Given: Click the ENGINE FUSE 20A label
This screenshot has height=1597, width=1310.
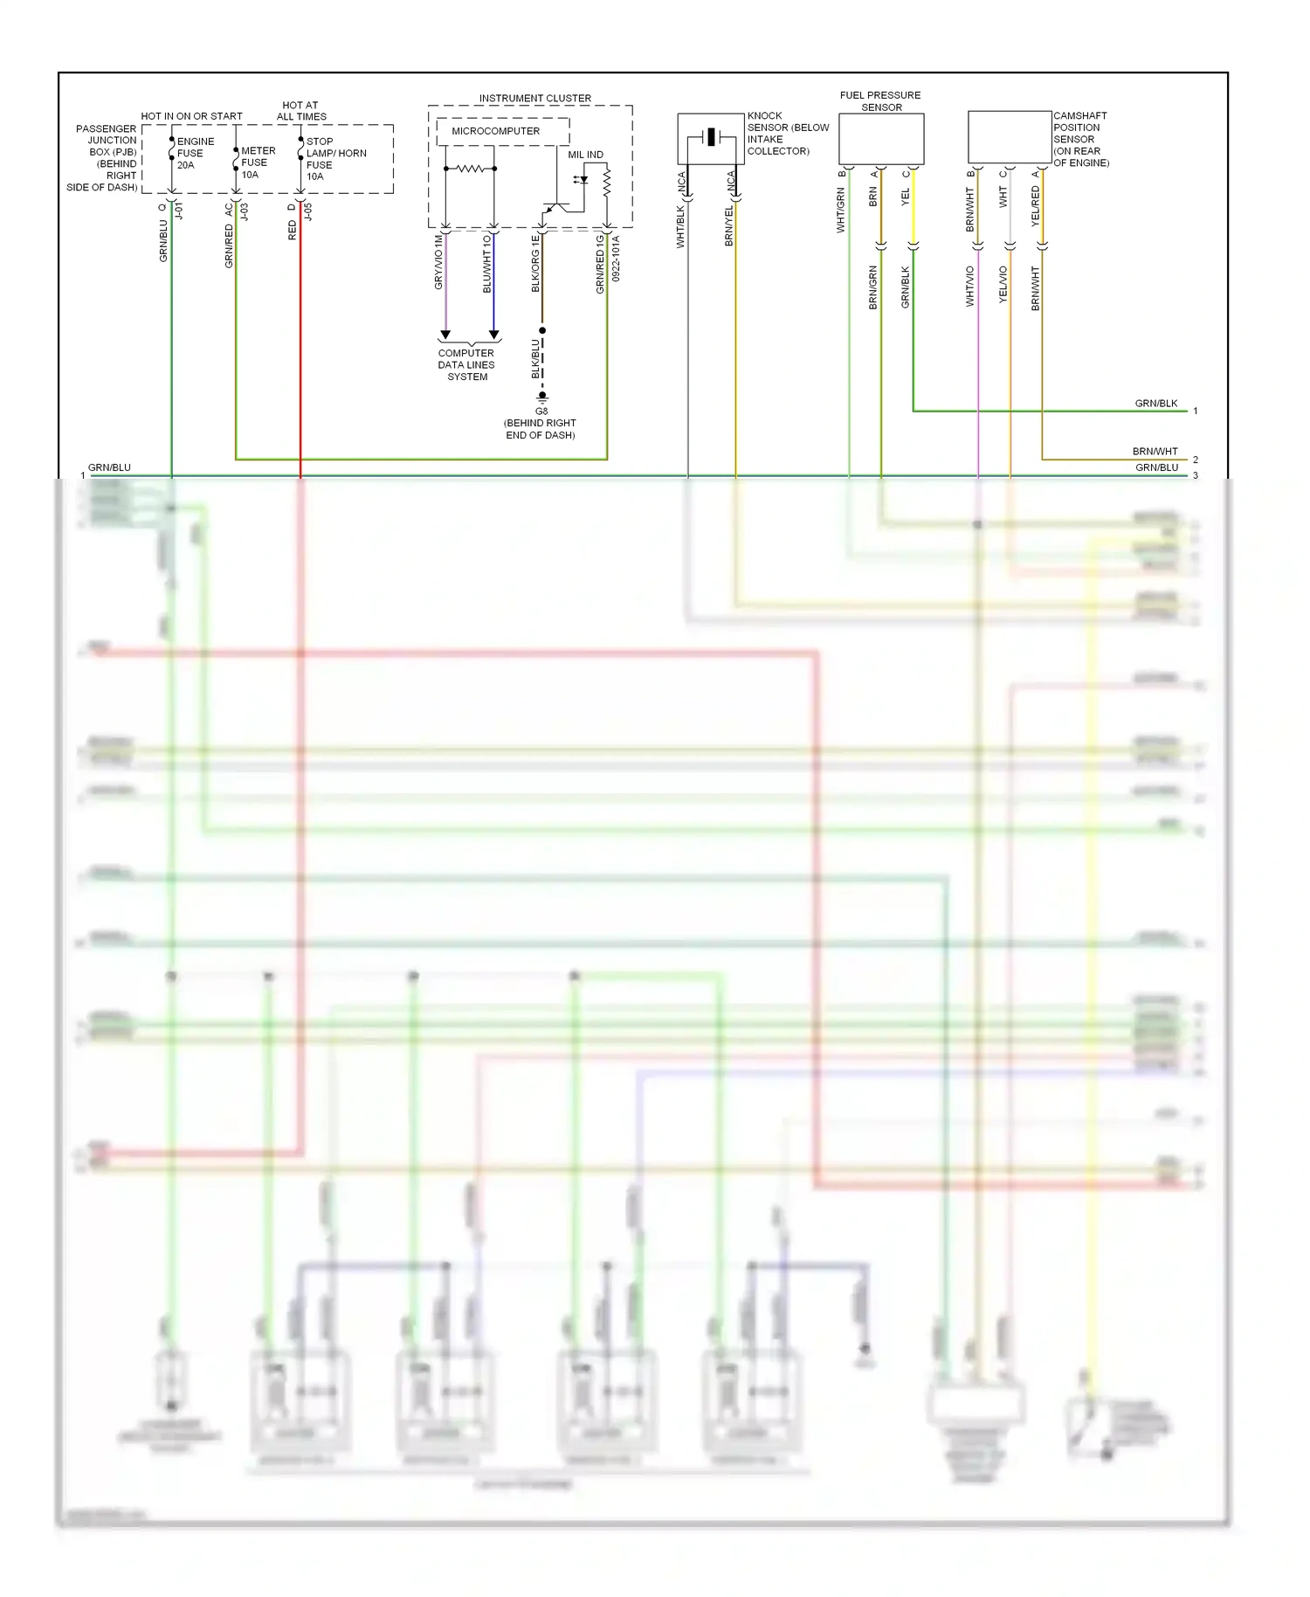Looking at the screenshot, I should (195, 153).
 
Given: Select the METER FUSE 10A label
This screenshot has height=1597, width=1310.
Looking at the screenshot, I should (258, 162).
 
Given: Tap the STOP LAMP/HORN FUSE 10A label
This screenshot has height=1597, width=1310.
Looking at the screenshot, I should (334, 158).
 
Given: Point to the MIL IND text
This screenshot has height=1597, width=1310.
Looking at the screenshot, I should (585, 155).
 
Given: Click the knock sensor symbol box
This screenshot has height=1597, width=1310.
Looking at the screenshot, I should (711, 138).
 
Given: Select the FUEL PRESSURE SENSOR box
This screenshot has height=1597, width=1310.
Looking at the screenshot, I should (881, 138).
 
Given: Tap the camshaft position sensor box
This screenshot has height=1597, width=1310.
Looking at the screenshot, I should (1010, 136).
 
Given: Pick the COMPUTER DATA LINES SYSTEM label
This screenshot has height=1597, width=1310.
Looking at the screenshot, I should (466, 365).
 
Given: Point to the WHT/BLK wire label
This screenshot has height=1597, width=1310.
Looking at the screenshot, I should (680, 227).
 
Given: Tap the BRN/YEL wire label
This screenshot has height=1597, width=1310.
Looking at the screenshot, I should (729, 225).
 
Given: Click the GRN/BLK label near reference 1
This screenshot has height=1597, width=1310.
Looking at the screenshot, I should (1155, 404).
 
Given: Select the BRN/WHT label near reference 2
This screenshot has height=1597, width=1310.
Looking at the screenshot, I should (1155, 452).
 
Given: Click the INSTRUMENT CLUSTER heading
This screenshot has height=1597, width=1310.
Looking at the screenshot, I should (534, 98).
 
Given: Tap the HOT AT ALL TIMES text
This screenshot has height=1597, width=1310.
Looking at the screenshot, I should (301, 111).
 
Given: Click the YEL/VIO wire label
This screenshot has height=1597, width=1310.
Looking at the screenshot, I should (1003, 285).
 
